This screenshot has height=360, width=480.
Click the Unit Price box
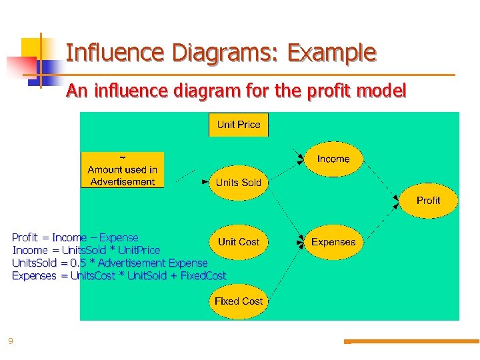(239, 125)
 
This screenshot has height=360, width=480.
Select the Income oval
(333, 159)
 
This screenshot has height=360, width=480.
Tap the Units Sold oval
(239, 183)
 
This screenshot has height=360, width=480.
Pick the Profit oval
(428, 200)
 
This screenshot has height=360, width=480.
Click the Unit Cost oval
(239, 242)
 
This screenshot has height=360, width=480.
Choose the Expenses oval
(333, 242)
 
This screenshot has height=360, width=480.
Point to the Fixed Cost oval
(239, 301)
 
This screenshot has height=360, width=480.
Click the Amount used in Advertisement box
(123, 170)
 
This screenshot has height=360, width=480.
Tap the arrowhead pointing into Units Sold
(206, 181)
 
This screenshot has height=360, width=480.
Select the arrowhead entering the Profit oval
(402, 198)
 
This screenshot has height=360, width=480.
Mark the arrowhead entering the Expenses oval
(301, 241)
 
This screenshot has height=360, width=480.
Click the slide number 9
(10, 341)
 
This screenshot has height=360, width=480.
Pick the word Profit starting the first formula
(25, 237)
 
